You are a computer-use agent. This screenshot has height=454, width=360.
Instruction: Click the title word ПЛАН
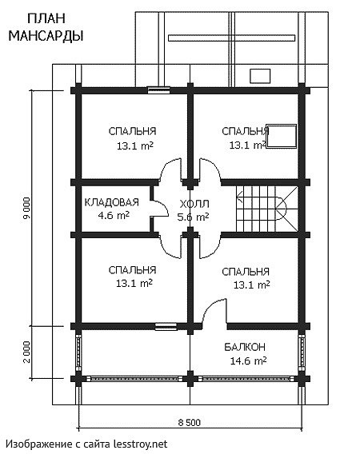46,19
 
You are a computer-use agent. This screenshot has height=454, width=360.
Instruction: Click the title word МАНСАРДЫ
46,36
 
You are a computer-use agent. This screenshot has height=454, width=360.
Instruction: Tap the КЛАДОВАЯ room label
111,202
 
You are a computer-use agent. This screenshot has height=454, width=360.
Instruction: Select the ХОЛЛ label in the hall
194,204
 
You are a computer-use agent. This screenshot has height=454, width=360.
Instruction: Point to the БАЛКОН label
245,347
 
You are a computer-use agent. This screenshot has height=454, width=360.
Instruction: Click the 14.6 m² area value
249,360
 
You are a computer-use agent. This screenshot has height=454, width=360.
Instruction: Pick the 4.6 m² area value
114,216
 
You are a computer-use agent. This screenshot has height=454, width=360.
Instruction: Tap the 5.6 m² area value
193,217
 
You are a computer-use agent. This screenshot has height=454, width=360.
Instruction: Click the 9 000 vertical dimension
26,210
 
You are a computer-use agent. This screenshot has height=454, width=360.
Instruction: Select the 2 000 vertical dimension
26,352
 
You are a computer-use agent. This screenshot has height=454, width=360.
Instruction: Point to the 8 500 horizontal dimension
189,423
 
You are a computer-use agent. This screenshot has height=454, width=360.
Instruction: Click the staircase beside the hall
266,209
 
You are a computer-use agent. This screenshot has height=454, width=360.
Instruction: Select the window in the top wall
158,90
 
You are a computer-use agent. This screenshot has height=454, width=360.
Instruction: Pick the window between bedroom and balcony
166,327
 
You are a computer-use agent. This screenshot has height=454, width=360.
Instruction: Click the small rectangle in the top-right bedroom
282,136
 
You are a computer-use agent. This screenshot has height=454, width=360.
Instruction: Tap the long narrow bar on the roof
231,38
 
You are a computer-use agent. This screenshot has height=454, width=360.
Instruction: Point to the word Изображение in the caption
38,444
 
